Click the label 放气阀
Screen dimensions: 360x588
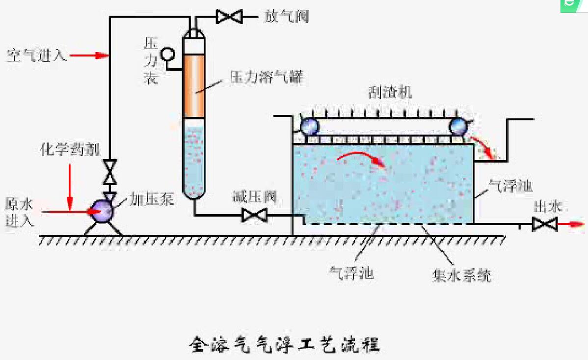[287, 18]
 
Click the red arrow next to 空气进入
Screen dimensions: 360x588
[89, 55]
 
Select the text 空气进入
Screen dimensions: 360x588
[36, 55]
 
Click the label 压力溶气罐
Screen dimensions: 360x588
[267, 77]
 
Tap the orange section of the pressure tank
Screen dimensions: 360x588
[194, 86]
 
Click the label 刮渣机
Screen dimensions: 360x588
[390, 92]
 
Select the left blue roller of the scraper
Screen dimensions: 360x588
[310, 127]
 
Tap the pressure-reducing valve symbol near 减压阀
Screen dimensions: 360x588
[254, 215]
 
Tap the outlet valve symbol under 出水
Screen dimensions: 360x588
[545, 224]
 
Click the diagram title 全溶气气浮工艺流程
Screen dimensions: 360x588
[285, 344]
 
